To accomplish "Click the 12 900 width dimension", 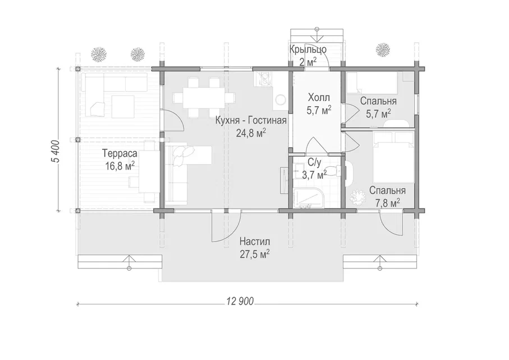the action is [240, 302].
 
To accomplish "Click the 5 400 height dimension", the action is [55, 152].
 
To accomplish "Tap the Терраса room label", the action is [120, 153].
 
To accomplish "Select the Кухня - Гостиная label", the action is [251, 121].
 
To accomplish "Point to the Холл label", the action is [319, 98].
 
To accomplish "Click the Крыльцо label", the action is [308, 50].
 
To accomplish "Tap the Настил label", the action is [255, 241].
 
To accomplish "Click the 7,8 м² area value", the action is [388, 203].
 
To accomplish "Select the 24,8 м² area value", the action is [251, 133].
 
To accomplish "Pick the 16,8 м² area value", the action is [120, 166].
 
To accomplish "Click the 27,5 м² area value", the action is [255, 254].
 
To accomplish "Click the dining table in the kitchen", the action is [204, 98].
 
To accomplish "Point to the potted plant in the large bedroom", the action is [357, 197].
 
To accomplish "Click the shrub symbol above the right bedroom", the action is [383, 49].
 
